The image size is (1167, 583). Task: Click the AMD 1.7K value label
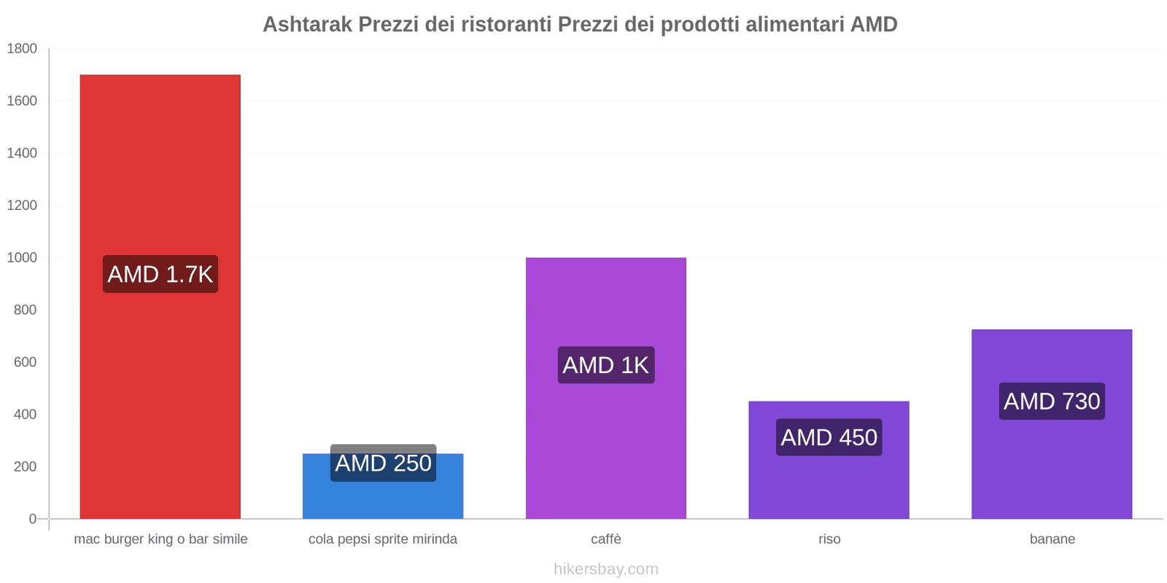click(160, 274)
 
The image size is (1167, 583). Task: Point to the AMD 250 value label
click(383, 463)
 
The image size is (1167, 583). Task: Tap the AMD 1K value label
click(606, 365)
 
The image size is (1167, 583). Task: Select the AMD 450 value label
click(829, 437)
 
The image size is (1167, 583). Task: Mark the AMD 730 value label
click(1052, 401)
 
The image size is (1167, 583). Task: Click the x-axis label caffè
click(606, 539)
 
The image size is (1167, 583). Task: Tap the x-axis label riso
click(829, 539)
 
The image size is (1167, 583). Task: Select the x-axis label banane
click(1052, 539)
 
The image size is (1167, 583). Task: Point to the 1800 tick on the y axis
click(22, 49)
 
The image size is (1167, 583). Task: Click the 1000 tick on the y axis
click(22, 257)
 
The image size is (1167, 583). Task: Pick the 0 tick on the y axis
click(32, 519)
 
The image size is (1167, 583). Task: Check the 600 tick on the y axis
click(25, 362)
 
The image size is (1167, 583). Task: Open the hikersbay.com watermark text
click(605, 569)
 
